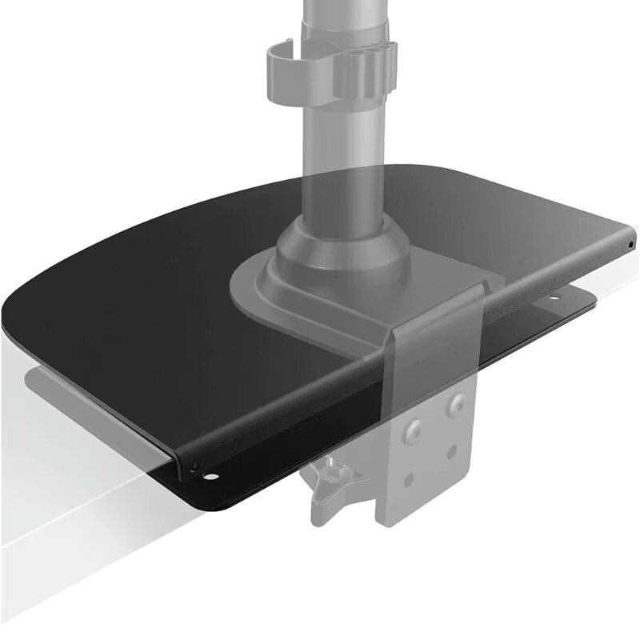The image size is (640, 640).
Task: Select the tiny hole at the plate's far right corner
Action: click(630, 243)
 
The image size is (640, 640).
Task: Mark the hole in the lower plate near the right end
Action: click(552, 303)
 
